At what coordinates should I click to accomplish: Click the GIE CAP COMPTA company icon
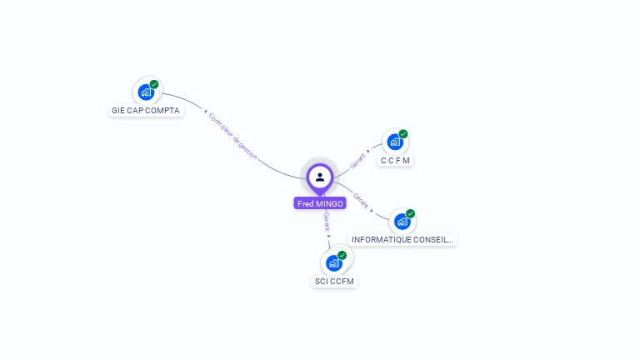(146, 92)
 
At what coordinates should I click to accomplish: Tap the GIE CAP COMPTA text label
(146, 110)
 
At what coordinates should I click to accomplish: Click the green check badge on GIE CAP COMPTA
(154, 84)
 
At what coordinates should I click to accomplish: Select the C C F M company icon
(395, 142)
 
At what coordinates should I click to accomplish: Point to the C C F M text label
(396, 160)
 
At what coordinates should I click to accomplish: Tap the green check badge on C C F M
(403, 134)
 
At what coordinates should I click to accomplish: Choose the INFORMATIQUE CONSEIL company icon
(402, 222)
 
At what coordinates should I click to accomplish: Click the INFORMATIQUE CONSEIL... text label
(402, 239)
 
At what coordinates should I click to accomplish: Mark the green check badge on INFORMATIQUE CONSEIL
(411, 214)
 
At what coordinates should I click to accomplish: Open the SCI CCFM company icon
(334, 263)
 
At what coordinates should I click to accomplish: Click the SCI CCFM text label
(334, 282)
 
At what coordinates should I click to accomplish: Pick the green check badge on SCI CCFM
(342, 256)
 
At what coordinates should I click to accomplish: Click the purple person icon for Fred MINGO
(320, 177)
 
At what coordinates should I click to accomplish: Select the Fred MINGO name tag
(320, 203)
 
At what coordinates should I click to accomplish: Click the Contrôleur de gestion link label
(232, 135)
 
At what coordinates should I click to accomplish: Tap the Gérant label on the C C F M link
(358, 161)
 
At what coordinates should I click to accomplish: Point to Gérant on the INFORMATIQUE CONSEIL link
(361, 200)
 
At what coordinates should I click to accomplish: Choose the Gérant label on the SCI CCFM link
(327, 222)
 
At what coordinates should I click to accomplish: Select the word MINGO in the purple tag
(329, 203)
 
